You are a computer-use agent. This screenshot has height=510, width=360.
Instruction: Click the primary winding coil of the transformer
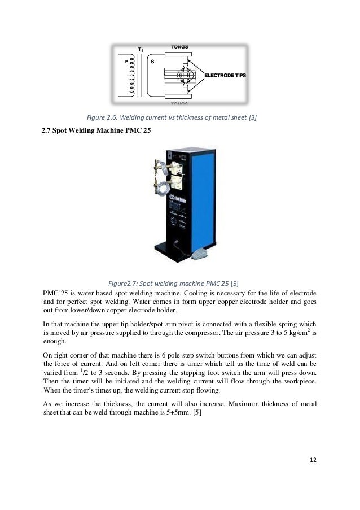point(133,76)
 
